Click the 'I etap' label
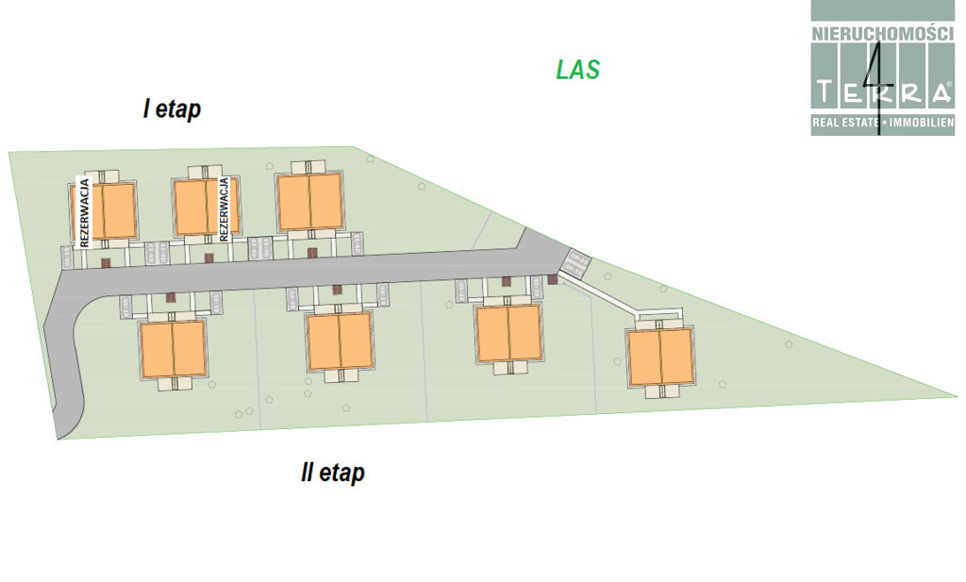[172, 109]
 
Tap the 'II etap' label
[332, 473]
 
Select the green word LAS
[578, 69]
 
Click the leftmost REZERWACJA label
[84, 212]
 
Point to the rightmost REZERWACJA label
[224, 209]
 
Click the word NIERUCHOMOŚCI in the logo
[881, 33]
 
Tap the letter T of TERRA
[825, 92]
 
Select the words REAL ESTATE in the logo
[845, 124]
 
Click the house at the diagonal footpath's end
[659, 357]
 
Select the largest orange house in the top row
[308, 201]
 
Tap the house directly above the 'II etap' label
[340, 341]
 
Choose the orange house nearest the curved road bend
[173, 348]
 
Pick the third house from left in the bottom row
[508, 333]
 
